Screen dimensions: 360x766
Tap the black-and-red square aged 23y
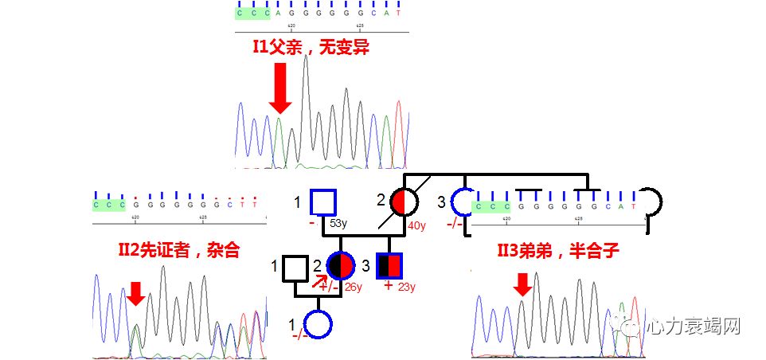point(389,265)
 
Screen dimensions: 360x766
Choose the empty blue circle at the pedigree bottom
point(318,324)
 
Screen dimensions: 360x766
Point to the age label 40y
point(417,225)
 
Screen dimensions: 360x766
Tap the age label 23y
point(408,286)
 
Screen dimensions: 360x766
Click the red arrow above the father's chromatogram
point(279,88)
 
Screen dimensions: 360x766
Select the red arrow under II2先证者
point(136,292)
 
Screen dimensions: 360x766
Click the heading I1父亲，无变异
point(311,48)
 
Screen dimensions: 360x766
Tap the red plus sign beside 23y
point(389,285)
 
